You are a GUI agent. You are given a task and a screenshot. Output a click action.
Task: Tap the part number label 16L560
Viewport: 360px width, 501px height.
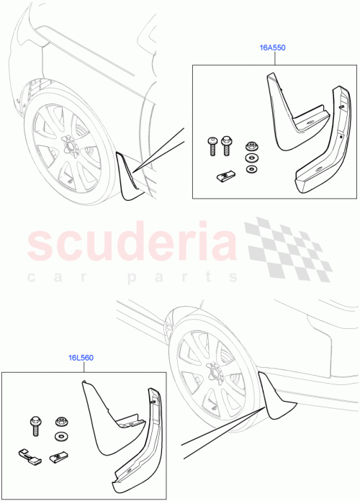point(81,356)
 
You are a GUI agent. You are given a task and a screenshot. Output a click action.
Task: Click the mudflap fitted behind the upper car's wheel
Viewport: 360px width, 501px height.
point(129,177)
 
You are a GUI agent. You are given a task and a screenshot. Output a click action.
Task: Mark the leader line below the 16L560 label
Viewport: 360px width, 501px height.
point(81,366)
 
